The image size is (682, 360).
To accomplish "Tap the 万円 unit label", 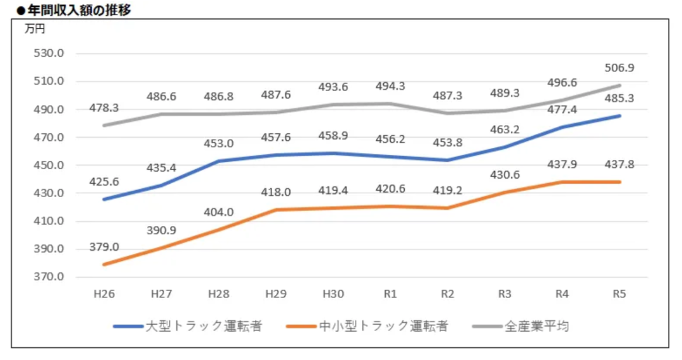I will [35, 29].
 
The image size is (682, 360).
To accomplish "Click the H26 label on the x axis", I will [105, 294].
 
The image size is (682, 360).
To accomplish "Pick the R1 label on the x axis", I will [390, 294].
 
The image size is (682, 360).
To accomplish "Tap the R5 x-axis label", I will [619, 294].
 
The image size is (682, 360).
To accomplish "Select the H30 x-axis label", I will [333, 294].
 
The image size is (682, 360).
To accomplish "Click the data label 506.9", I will [619, 68].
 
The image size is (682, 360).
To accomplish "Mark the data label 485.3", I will [619, 98].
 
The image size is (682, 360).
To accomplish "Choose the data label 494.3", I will [390, 87].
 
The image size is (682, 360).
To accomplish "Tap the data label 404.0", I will [219, 212].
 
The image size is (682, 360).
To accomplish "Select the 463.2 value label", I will [505, 130].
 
